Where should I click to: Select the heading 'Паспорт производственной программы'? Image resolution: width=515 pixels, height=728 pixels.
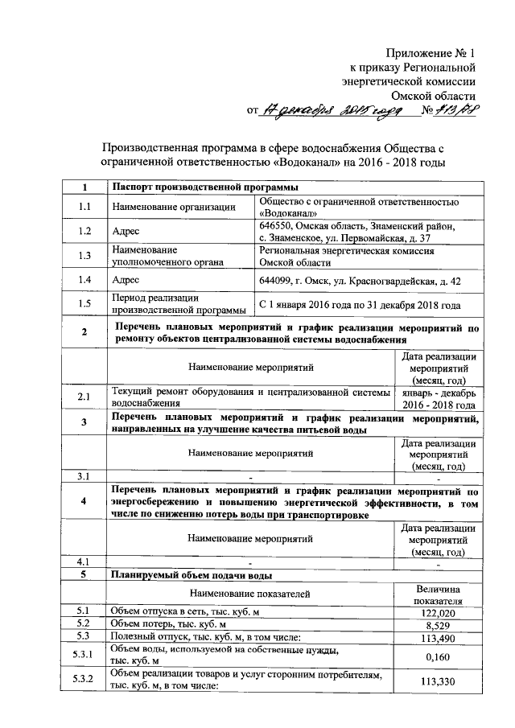tap(188, 188)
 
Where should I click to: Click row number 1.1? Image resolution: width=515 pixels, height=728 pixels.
tap(84, 207)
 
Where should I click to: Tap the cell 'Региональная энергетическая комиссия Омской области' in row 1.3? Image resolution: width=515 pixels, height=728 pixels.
tap(347, 257)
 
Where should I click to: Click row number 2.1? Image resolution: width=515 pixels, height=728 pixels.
tap(84, 397)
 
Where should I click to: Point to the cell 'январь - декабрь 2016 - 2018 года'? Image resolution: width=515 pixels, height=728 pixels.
tap(439, 397)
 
